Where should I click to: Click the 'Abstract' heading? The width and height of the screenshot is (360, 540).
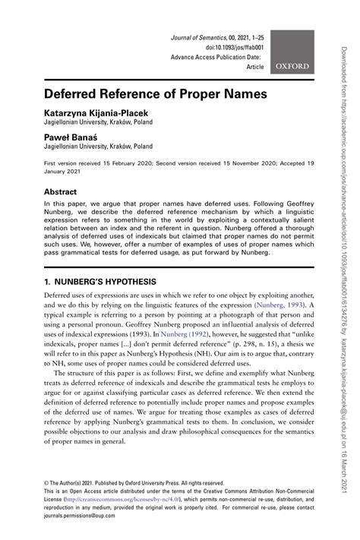64,192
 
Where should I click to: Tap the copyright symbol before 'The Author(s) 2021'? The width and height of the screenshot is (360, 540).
46,482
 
